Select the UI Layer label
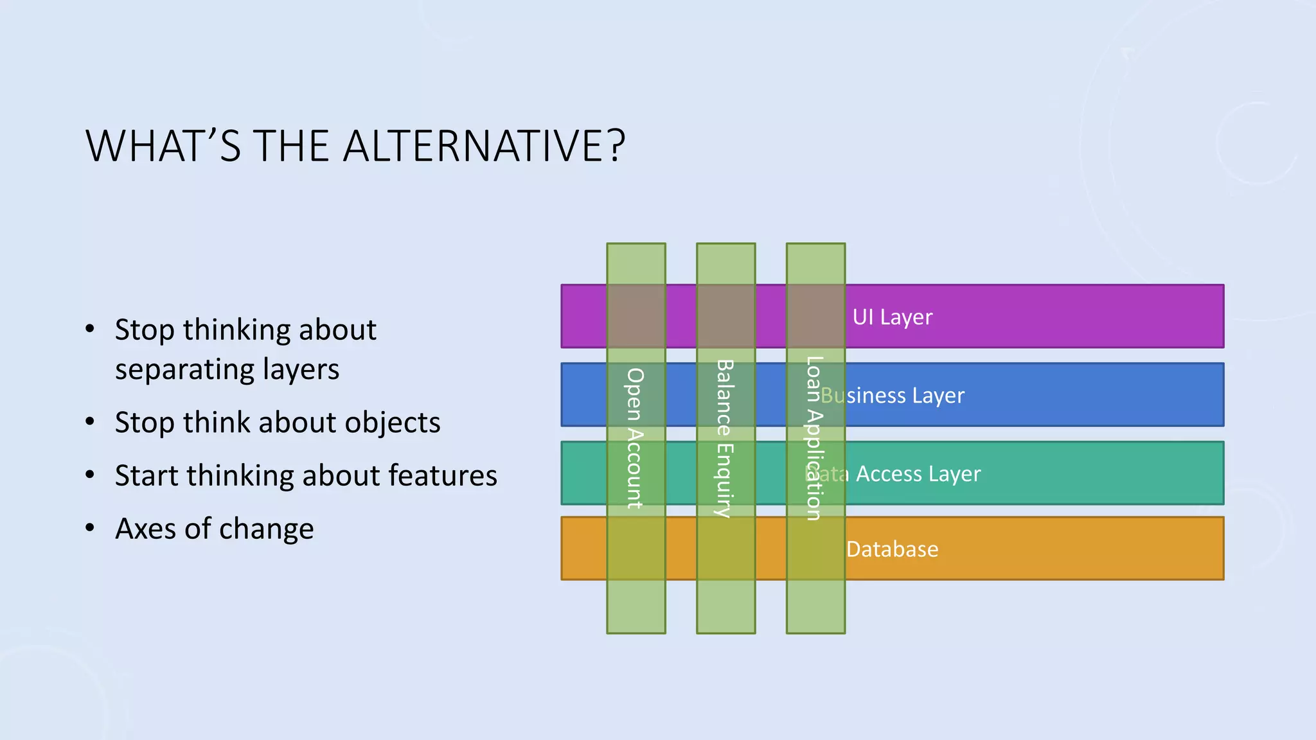(892, 317)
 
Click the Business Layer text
(893, 395)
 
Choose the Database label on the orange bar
(892, 549)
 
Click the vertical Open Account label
(635, 438)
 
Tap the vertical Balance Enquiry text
(725, 438)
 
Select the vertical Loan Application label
(814, 438)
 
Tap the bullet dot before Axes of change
(90, 528)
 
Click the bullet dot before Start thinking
(90, 475)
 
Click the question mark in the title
(616, 146)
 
